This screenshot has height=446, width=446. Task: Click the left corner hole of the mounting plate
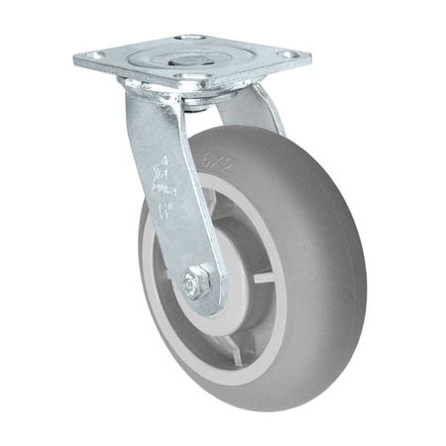[93, 57]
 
